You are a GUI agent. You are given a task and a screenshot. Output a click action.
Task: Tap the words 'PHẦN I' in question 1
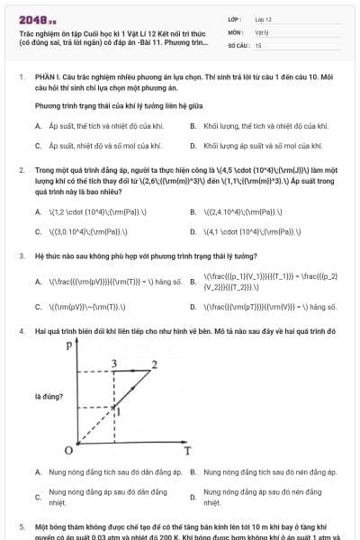tap(48, 78)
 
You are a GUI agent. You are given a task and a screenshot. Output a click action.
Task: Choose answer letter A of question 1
tap(38, 126)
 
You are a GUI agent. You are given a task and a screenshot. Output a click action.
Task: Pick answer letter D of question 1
tap(193, 145)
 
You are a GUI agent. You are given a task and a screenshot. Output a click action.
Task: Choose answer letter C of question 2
tap(38, 231)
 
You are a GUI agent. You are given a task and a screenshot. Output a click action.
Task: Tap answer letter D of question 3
tap(193, 307)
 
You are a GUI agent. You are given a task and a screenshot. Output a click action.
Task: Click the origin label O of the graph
tap(69, 449)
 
